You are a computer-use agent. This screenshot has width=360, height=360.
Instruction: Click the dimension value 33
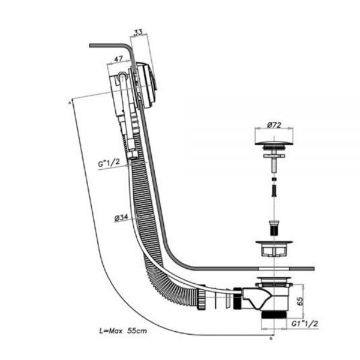pyautogui.click(x=138, y=32)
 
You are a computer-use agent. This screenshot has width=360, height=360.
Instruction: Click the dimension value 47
pyautogui.click(x=118, y=59)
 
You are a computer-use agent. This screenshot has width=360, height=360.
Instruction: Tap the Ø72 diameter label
pyautogui.click(x=274, y=125)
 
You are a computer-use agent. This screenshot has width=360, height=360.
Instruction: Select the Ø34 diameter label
pyautogui.click(x=121, y=218)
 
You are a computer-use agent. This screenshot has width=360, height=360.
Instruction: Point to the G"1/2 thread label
pyautogui.click(x=109, y=163)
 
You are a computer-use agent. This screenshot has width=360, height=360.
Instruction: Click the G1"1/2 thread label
pyautogui.click(x=305, y=324)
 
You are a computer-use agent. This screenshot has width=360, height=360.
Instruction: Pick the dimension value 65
pyautogui.click(x=300, y=301)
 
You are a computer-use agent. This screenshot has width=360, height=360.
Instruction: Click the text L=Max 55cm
pyautogui.click(x=123, y=331)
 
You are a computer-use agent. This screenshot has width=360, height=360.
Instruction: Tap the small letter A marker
pyautogui.click(x=70, y=103)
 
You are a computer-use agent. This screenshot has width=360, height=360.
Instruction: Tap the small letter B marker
pyautogui.click(x=271, y=338)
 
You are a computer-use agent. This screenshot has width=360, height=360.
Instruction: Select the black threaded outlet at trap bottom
pyautogui.click(x=274, y=314)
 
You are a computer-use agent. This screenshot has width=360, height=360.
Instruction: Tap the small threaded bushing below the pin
pyautogui.click(x=274, y=228)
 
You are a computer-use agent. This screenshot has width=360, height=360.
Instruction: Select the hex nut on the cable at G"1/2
pyautogui.click(x=133, y=155)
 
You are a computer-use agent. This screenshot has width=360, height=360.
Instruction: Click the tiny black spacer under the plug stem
pyautogui.click(x=274, y=179)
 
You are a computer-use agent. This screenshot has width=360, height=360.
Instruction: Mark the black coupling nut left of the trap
pyautogui.click(x=237, y=298)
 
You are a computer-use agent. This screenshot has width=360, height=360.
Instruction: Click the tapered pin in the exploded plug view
pyautogui.click(x=274, y=190)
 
